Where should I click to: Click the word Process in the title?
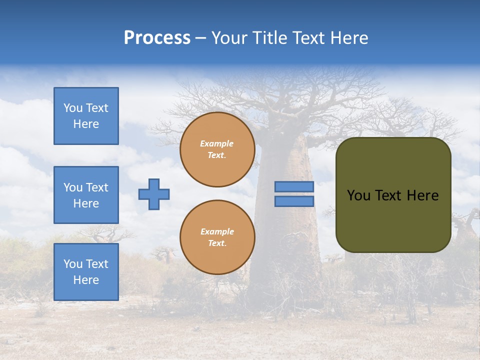tap(157, 38)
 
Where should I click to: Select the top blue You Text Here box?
tap(86, 116)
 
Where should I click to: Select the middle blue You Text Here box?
tap(86, 195)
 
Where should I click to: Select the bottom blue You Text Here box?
tap(86, 272)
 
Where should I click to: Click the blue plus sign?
tap(154, 194)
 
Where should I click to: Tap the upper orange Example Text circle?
tap(217, 149)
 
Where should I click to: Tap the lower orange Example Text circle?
tap(217, 237)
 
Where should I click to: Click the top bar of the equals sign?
tap(294, 187)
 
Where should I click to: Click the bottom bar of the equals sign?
tap(294, 201)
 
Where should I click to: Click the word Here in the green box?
tap(422, 195)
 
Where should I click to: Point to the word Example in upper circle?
tap(217, 143)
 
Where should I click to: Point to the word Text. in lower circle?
tap(217, 243)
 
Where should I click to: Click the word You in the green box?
tap(358, 195)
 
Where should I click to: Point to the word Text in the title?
tap(307, 38)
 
